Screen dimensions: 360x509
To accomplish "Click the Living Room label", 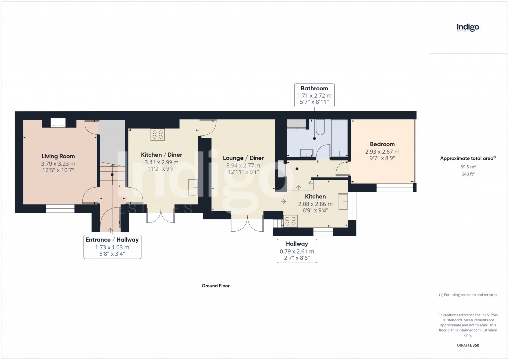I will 58,156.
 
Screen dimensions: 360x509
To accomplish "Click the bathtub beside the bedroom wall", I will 339,139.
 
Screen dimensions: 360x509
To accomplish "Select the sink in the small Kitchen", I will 343,201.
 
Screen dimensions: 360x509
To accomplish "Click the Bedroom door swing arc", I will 342,169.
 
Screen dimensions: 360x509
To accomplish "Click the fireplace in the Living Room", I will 58,123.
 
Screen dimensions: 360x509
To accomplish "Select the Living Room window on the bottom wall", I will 60,209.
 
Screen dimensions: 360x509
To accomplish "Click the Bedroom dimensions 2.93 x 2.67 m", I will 382,152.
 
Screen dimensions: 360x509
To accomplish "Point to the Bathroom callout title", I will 314,88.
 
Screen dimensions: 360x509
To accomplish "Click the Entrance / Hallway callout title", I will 112,240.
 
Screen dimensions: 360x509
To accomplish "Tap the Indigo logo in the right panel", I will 468,27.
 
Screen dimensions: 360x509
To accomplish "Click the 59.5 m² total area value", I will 468,167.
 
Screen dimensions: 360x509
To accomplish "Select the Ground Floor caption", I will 215,286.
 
